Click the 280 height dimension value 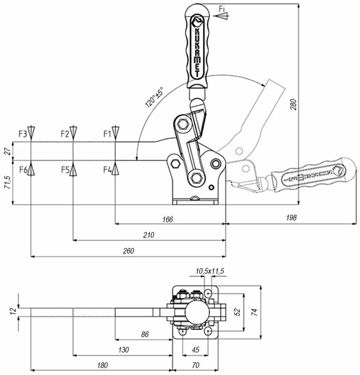point(293,103)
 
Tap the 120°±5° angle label point(154,97)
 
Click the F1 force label point(107,134)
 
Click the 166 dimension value point(167,219)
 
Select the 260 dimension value point(128,251)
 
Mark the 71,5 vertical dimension point(7,183)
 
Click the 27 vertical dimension point(7,151)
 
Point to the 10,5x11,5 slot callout point(210,271)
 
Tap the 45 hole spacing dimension point(195,350)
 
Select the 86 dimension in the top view point(145,334)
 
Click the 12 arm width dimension point(13,310)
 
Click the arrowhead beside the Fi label point(222,16)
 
